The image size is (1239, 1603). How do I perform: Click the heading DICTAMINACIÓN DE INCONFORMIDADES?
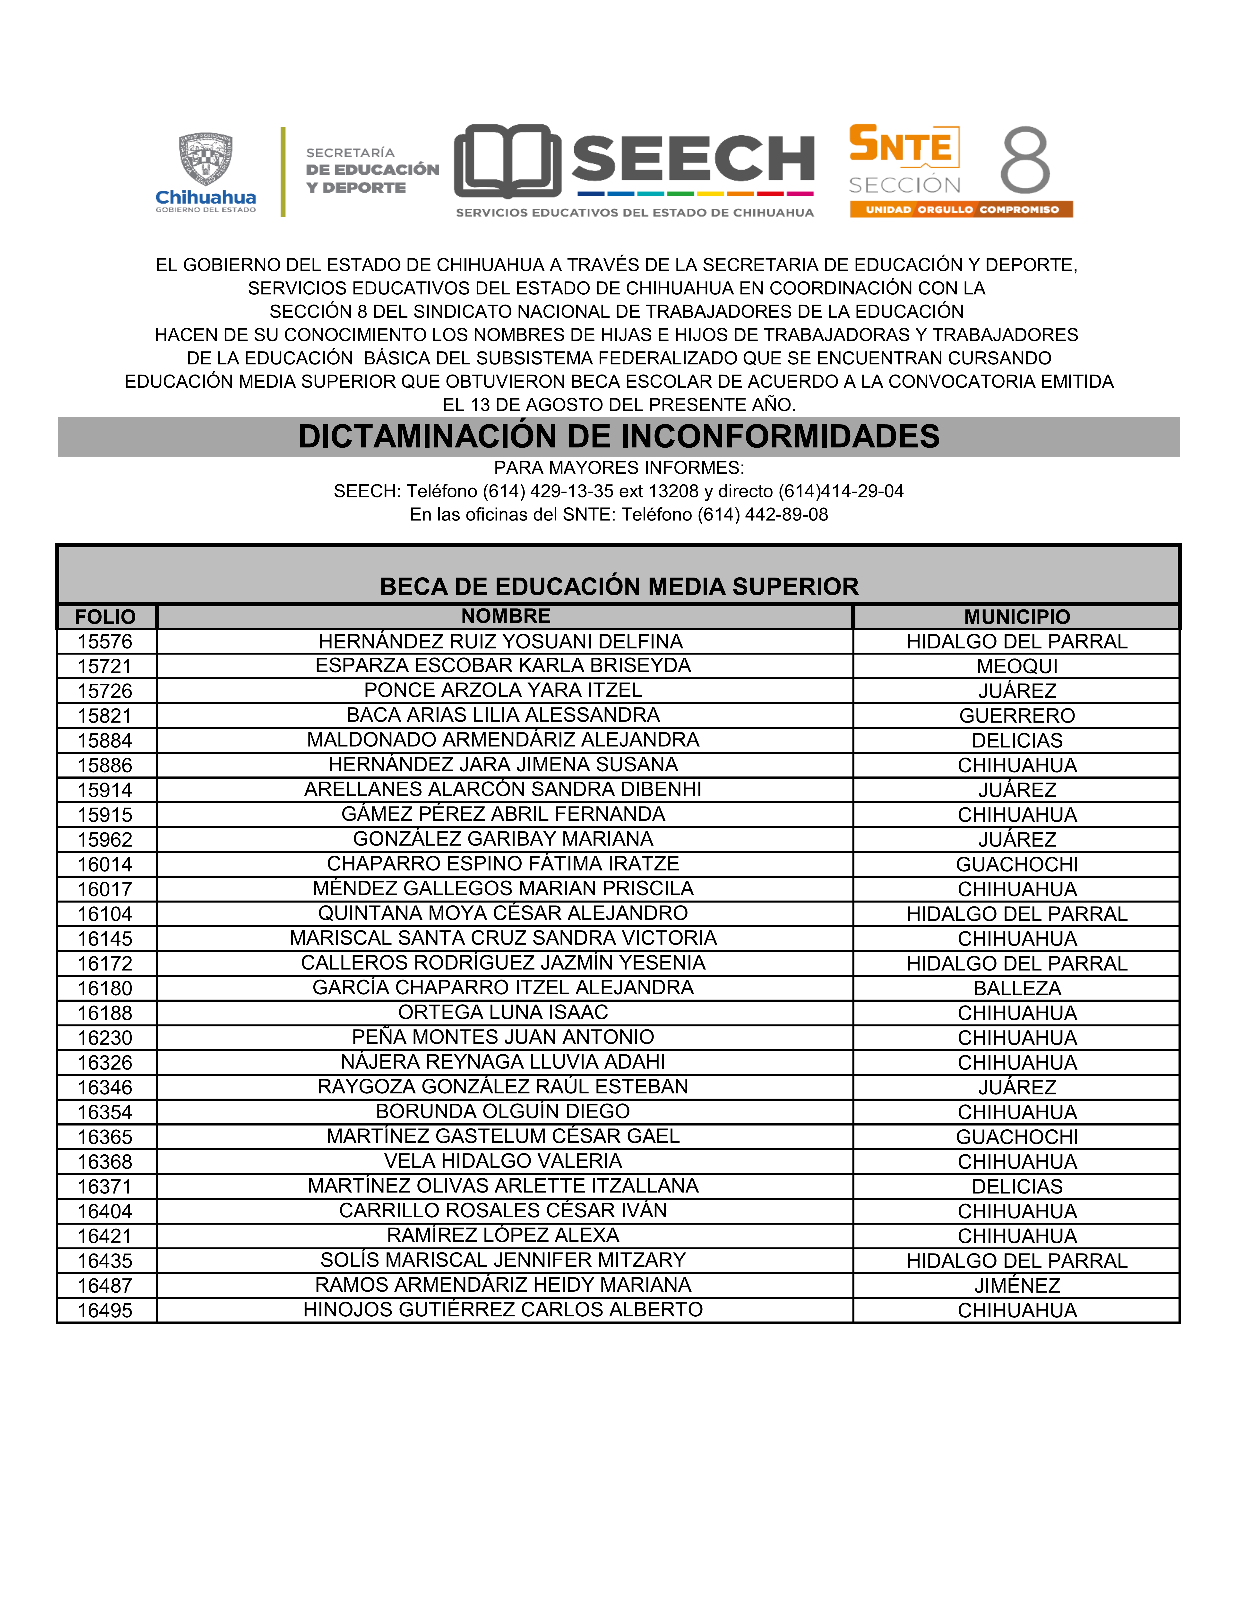click(619, 437)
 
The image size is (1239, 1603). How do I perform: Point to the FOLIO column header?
click(106, 616)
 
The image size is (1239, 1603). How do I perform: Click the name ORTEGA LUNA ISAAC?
click(504, 1012)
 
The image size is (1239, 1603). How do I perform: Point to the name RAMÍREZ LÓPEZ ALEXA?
click(504, 1235)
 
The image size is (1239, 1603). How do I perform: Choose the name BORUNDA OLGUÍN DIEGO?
click(504, 1111)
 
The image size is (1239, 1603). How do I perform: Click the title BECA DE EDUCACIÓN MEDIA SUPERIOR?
click(619, 587)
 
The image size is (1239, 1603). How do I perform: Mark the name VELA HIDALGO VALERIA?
click(504, 1161)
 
